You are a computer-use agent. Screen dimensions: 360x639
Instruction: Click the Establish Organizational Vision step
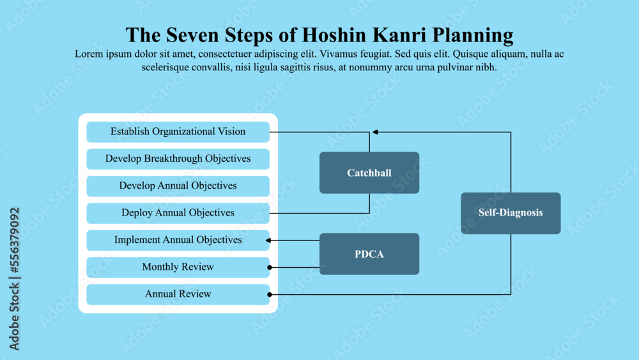point(178,132)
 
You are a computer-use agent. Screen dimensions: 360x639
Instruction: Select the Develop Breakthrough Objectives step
point(178,159)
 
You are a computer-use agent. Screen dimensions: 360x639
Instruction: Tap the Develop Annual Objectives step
point(178,186)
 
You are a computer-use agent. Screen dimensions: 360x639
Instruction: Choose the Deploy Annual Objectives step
point(178,213)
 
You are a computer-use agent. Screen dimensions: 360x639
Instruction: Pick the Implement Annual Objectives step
point(178,240)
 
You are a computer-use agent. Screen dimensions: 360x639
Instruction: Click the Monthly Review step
point(178,267)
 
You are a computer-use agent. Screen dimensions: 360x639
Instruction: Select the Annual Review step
point(178,295)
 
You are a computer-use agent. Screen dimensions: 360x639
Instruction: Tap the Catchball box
point(369,173)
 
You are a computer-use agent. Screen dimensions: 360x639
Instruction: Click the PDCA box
point(369,254)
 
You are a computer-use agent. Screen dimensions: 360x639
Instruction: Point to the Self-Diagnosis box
point(511,213)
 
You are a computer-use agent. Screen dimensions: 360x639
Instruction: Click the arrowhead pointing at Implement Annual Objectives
point(268,240)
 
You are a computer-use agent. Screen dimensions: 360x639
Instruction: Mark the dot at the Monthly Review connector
point(270,267)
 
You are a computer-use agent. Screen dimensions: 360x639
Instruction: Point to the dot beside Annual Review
point(270,295)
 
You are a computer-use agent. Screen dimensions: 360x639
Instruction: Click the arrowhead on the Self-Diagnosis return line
point(376,132)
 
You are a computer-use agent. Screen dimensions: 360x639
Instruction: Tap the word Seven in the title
point(185,35)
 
